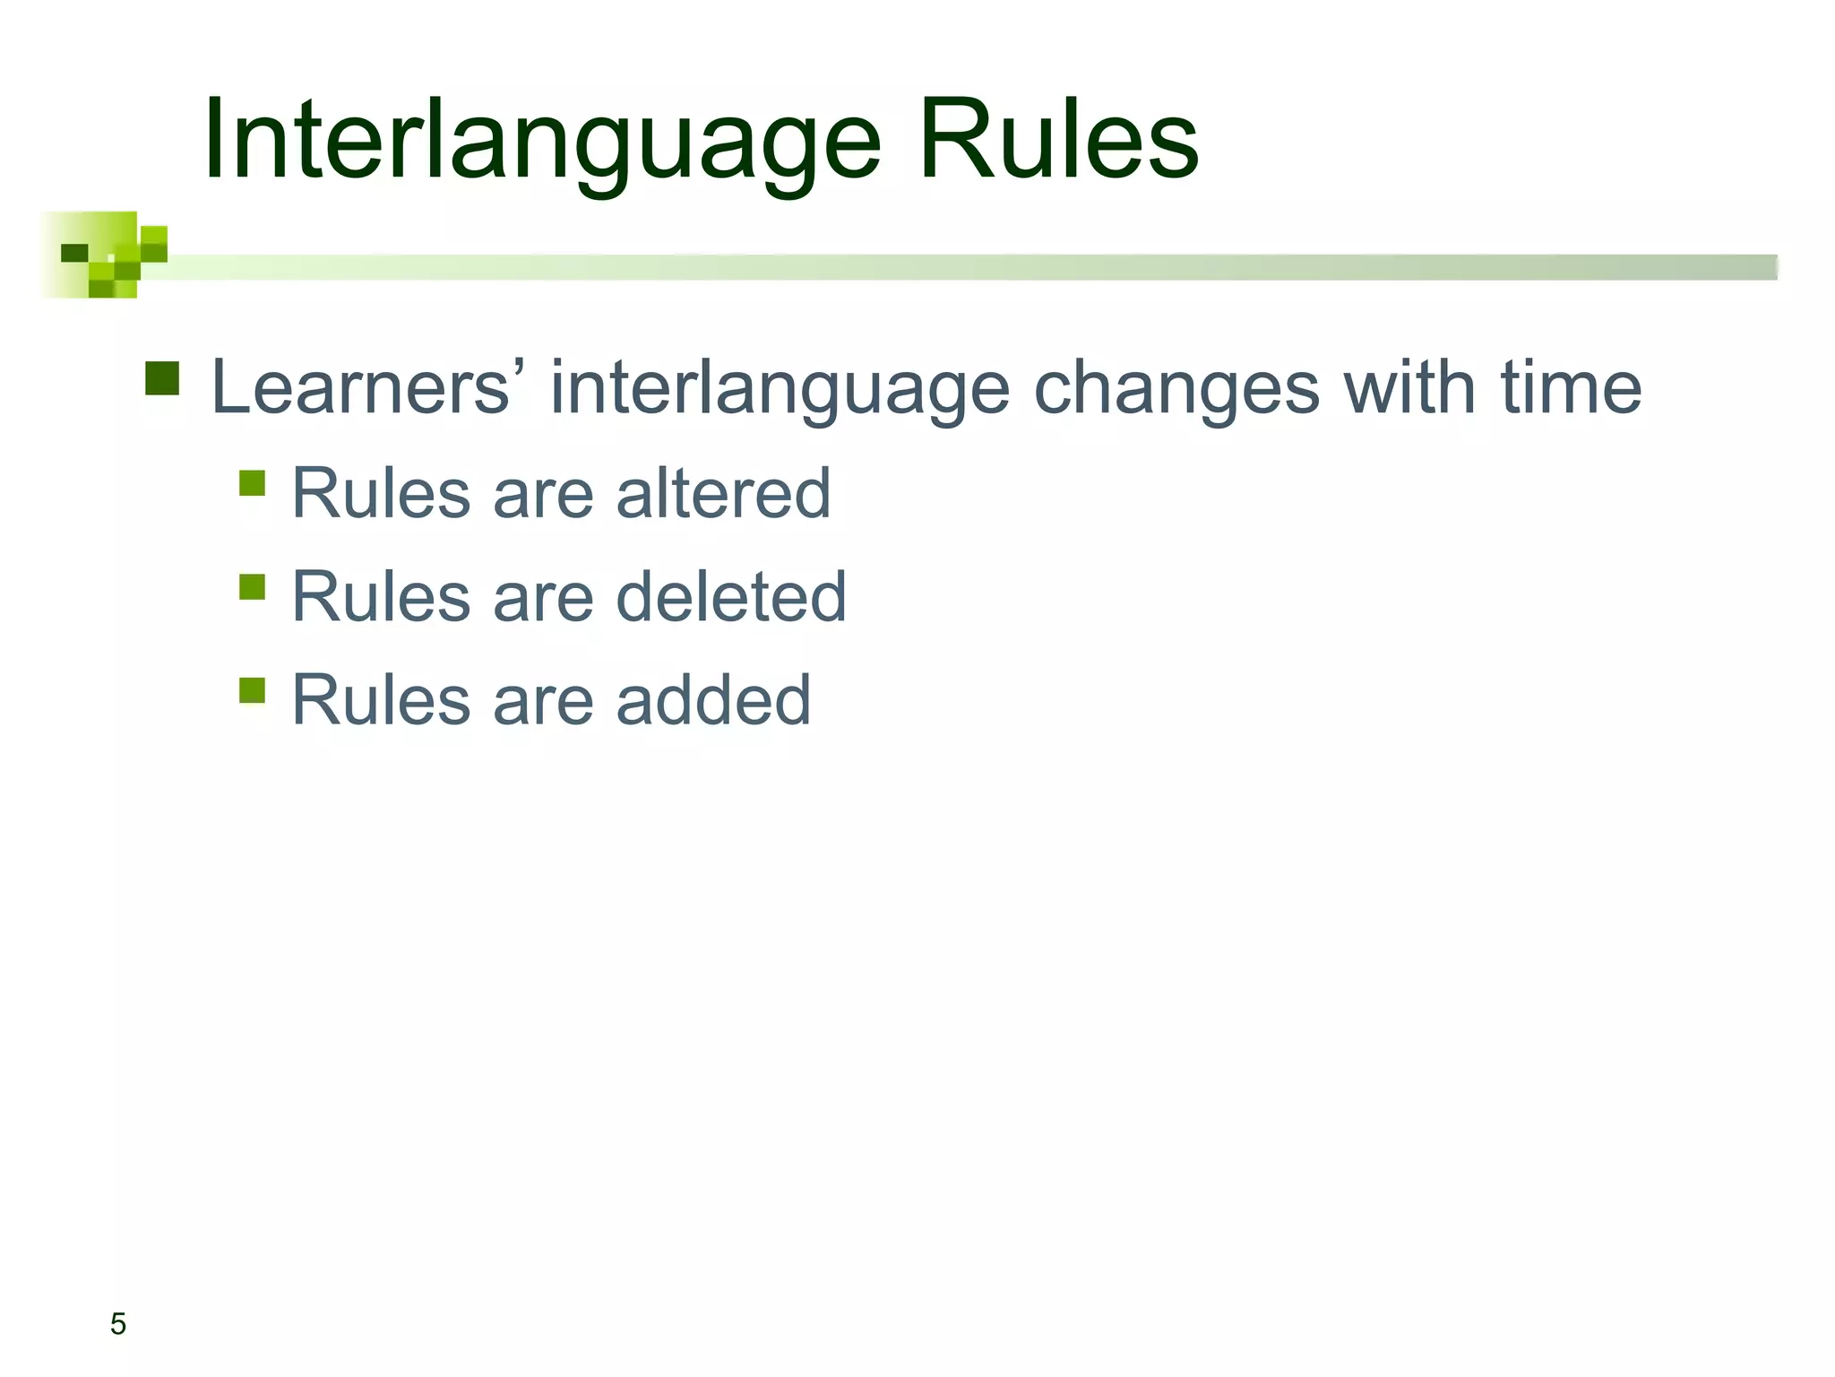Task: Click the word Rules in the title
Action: [1057, 142]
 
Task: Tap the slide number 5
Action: [118, 1323]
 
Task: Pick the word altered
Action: [723, 493]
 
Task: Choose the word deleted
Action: [731, 597]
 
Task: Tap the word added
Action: [713, 700]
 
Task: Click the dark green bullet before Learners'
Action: [162, 378]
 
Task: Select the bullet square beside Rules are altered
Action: [253, 483]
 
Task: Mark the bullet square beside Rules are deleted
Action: [253, 587]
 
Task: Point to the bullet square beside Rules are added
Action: [253, 690]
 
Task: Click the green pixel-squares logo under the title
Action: [103, 255]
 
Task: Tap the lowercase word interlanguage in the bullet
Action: [780, 389]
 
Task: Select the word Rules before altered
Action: [381, 493]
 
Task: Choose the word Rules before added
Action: [381, 700]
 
